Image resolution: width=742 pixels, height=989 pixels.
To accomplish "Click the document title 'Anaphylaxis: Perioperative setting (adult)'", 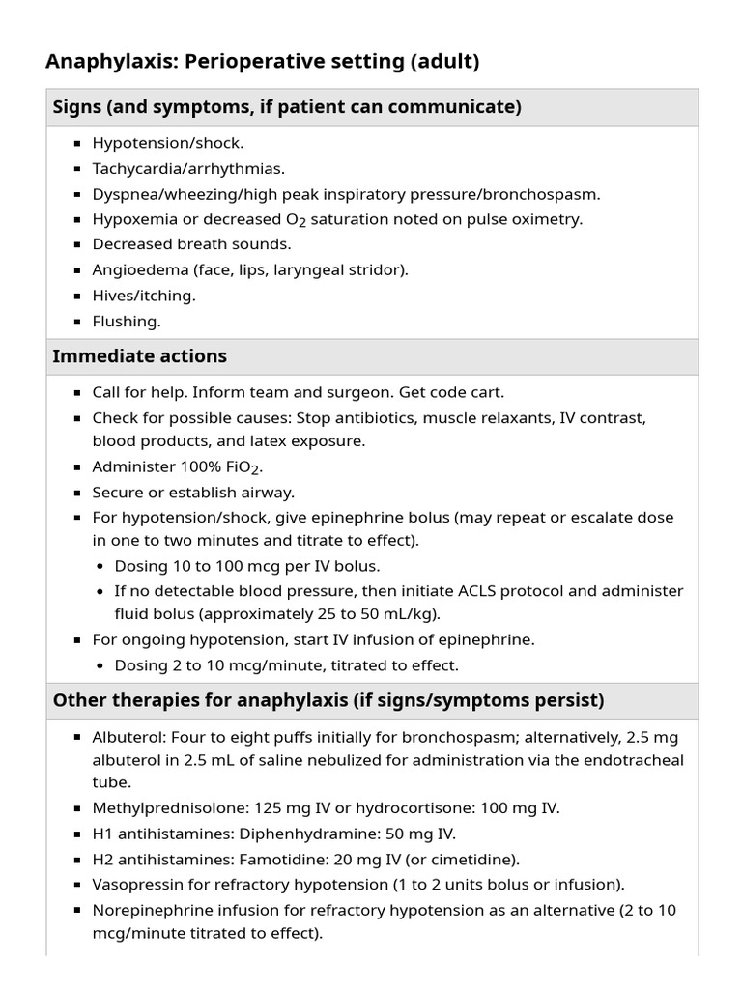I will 262,62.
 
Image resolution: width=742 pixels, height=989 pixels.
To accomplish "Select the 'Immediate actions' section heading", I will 140,356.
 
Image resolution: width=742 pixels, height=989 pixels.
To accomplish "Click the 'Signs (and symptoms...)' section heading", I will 287,107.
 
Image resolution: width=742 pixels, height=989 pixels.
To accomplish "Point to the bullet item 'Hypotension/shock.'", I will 167,143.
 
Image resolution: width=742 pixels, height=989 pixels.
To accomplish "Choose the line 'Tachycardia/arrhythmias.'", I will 188,169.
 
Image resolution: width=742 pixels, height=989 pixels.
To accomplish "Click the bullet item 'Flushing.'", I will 127,321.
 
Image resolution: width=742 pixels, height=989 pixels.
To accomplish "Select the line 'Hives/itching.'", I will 144,296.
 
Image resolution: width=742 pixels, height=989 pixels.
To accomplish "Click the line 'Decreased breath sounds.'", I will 191,244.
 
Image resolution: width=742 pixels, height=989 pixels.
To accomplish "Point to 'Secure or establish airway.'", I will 193,493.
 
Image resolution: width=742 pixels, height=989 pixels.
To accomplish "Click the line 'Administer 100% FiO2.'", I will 178,467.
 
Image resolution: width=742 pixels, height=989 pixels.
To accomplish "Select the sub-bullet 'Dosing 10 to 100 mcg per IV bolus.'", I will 247,566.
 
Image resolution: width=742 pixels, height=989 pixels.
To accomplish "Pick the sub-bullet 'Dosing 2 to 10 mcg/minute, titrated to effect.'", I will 287,665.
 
